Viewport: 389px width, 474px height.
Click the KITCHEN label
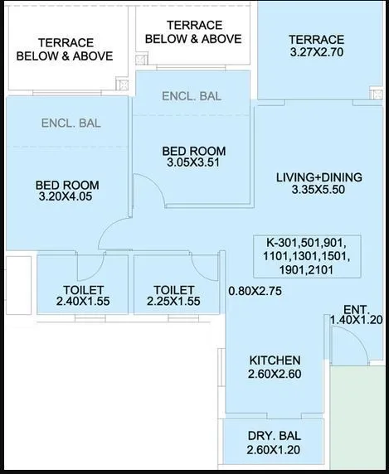pyautogui.click(x=275, y=360)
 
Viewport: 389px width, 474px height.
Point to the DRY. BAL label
pyautogui.click(x=274, y=436)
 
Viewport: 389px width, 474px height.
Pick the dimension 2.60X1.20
pyautogui.click(x=274, y=450)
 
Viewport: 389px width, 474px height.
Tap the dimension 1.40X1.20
pyautogui.click(x=357, y=319)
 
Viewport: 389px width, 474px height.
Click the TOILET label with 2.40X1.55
pyautogui.click(x=83, y=289)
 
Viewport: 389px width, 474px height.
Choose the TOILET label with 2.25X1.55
pyautogui.click(x=173, y=289)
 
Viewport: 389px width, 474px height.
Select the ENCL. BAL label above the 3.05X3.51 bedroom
pyautogui.click(x=192, y=96)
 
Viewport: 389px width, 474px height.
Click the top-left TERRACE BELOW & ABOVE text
pyautogui.click(x=65, y=50)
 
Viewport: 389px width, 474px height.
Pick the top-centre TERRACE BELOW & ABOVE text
pyautogui.click(x=193, y=32)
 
